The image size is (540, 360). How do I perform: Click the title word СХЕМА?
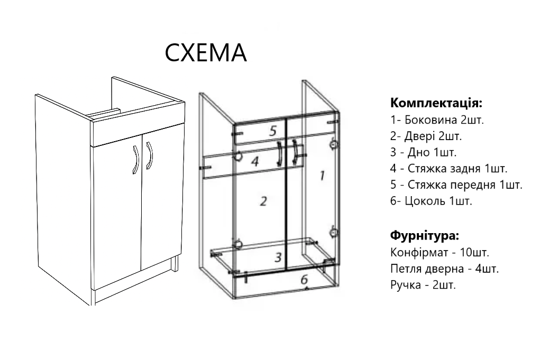point(206,52)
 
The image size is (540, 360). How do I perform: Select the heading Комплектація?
point(436,102)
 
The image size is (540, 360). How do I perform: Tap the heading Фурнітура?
point(424,235)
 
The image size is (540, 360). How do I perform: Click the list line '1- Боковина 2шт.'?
point(437,119)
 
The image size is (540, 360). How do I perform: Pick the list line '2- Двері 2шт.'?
point(426,136)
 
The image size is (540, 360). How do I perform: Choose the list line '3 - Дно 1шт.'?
point(423,152)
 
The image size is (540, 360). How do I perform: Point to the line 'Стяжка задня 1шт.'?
point(449,169)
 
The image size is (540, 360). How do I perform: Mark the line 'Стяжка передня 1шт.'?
point(456,185)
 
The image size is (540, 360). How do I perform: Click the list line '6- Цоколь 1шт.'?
point(431,201)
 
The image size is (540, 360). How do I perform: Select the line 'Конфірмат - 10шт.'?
point(439,252)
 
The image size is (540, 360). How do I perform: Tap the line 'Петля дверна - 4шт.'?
point(444,269)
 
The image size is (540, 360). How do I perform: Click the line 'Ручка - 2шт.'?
point(423,285)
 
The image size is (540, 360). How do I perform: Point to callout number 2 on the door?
point(263,201)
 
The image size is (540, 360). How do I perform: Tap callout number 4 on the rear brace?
point(254,161)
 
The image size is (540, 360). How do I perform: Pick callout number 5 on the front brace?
point(273,131)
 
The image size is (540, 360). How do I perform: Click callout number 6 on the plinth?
point(304,280)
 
